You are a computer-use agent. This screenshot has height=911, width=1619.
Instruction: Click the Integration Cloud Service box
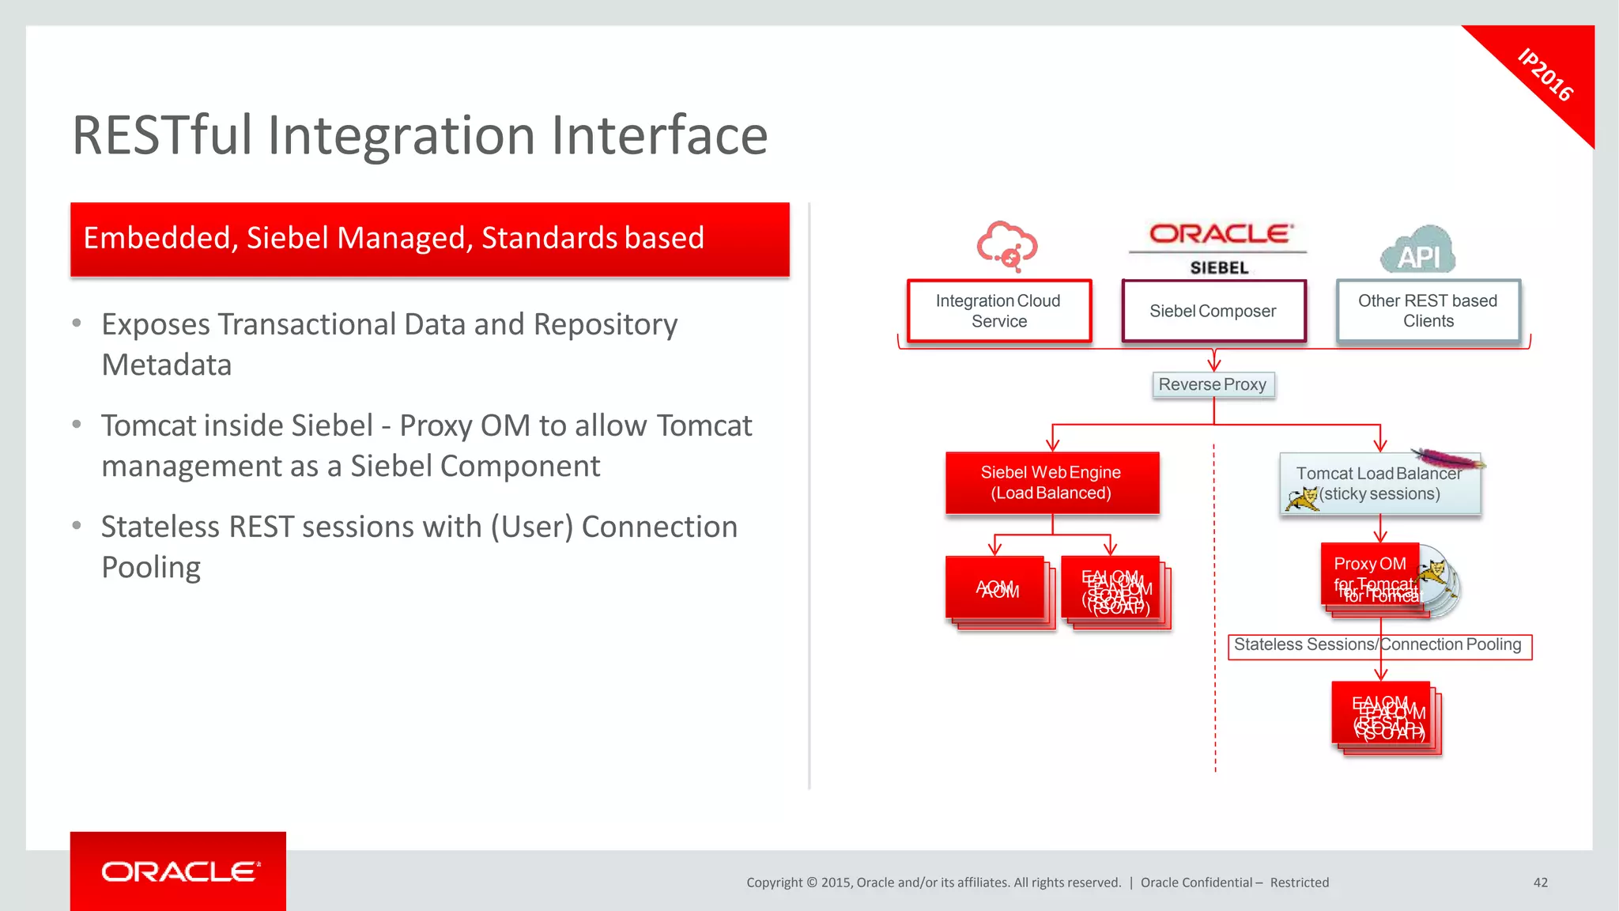(x=999, y=311)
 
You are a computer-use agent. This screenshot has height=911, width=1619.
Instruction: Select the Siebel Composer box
(x=1213, y=311)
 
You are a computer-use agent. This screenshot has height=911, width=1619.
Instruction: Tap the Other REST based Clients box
(x=1428, y=311)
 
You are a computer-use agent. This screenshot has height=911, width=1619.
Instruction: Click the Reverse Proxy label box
(x=1213, y=385)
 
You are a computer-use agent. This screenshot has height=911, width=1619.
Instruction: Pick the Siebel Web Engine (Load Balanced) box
(x=1051, y=483)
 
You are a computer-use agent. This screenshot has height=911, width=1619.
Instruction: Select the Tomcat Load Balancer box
(x=1379, y=484)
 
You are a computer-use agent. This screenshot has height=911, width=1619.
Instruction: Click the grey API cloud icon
(x=1418, y=251)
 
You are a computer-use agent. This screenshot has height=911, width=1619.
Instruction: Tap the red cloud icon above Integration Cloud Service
(x=1006, y=245)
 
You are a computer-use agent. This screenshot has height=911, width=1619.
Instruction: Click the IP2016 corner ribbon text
(x=1545, y=75)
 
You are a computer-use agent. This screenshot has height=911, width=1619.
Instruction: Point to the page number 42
(x=1540, y=883)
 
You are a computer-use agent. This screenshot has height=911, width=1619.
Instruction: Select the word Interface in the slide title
(x=659, y=135)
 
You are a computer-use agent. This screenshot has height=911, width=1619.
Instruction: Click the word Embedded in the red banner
(x=157, y=238)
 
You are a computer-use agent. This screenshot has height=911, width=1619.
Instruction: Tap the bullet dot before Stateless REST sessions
(x=77, y=526)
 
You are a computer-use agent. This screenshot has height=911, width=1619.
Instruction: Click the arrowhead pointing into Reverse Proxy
(x=1214, y=365)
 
